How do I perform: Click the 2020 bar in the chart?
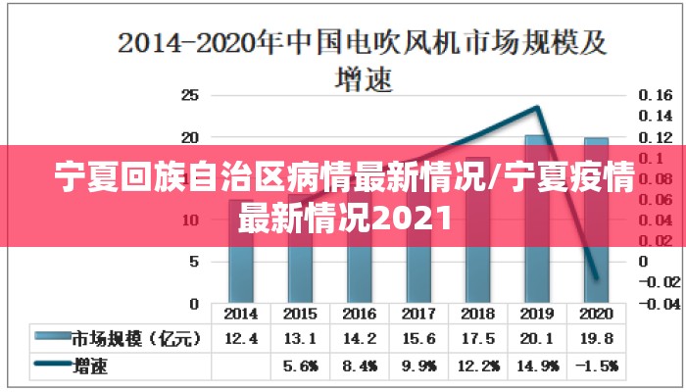(595, 255)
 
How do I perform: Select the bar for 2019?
(536, 255)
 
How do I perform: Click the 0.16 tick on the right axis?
(656, 96)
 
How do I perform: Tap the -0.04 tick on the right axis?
(661, 304)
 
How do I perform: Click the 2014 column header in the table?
(241, 315)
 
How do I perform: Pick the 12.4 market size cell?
(241, 339)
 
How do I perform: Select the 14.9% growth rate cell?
(536, 367)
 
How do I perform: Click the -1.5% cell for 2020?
(595, 367)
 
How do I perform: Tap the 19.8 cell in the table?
(595, 339)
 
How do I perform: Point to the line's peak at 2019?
(537, 107)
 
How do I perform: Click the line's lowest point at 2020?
(596, 278)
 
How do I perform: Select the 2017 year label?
(418, 315)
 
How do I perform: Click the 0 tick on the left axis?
(193, 304)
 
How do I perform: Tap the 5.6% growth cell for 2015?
(300, 367)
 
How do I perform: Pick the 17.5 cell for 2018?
(477, 339)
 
